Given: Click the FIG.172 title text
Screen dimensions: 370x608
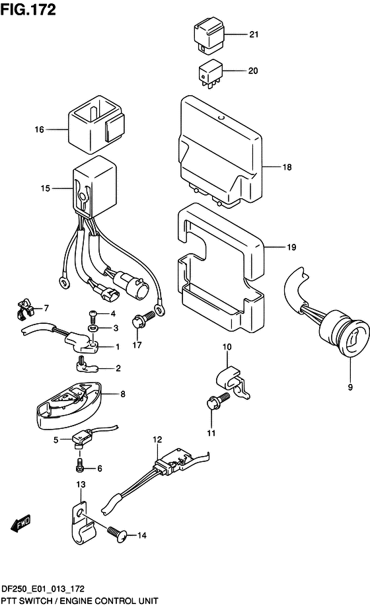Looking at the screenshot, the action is tap(28, 10).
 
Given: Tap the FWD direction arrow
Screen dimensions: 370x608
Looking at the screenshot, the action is tap(20, 523).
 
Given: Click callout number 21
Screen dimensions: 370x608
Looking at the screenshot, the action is tap(254, 34).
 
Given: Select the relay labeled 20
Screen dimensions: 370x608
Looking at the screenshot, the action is tap(211, 74).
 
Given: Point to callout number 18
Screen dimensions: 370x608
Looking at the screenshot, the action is tap(287, 167).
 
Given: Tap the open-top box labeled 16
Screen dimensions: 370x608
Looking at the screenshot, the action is tap(97, 125).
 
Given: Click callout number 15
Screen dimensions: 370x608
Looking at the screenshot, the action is tap(46, 188).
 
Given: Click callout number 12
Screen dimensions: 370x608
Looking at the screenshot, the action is tap(157, 439).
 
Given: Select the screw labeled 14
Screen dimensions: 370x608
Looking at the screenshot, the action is tap(116, 533).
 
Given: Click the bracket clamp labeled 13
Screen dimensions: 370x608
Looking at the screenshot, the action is tap(82, 523).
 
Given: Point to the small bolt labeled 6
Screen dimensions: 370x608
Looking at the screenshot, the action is tap(80, 465).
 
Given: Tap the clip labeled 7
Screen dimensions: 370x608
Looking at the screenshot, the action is tap(24, 308).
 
